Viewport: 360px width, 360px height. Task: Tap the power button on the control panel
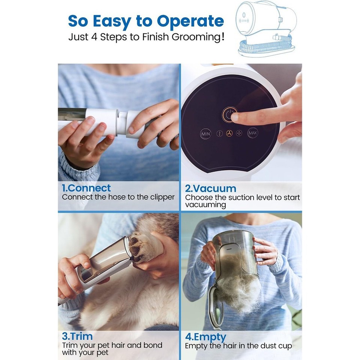[229, 115]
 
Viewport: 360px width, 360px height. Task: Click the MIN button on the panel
[205, 133]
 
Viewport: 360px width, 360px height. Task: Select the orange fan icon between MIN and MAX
[229, 133]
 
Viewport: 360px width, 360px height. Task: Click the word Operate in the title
[190, 21]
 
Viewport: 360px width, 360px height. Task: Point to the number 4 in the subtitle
[94, 37]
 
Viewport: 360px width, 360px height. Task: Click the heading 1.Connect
[86, 188]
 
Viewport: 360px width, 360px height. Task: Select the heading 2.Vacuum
[210, 189]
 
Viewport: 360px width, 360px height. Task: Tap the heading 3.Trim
[77, 336]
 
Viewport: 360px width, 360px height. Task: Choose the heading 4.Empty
[206, 337]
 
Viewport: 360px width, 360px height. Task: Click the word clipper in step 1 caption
[162, 198]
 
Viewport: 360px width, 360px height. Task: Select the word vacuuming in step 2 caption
[205, 205]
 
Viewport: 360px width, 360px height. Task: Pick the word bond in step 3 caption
[153, 345]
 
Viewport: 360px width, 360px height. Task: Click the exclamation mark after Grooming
[222, 37]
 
